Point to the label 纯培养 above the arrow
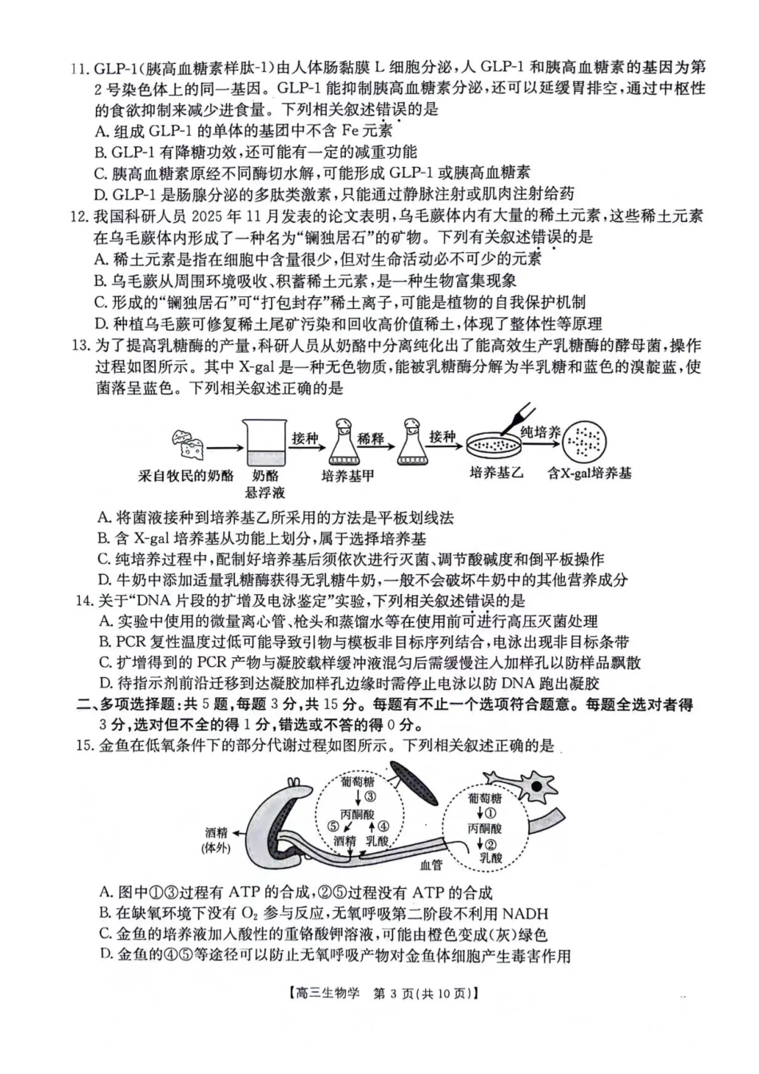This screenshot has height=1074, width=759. pos(540,432)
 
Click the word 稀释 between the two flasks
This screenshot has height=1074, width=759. pos(371,438)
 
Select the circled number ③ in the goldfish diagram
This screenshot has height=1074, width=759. pos(369,796)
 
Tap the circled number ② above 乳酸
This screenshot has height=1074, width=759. pos(490,844)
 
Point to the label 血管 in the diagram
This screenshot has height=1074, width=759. pos(431,864)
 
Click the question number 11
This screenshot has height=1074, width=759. pos(80,68)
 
